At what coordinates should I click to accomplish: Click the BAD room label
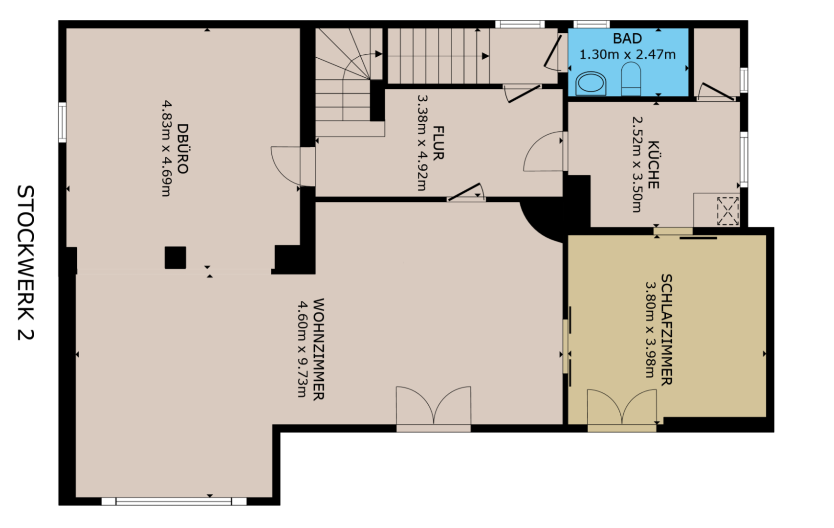point(627,38)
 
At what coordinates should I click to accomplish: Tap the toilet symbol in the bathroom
point(631,79)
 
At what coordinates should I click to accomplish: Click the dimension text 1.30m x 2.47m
point(628,55)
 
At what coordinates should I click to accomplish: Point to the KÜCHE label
point(654,165)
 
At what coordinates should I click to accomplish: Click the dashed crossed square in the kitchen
point(728,211)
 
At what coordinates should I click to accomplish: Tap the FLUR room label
point(438,143)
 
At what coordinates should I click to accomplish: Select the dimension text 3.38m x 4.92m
point(422,143)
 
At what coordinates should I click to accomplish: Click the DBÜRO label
point(182,149)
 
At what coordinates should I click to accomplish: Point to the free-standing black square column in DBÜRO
point(176,257)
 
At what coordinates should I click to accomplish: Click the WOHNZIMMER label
point(319,349)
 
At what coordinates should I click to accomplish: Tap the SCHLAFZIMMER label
point(666,330)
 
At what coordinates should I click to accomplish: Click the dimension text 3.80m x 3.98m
point(650,330)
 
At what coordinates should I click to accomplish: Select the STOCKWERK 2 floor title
point(25,263)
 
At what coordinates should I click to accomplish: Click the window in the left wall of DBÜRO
point(62,122)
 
